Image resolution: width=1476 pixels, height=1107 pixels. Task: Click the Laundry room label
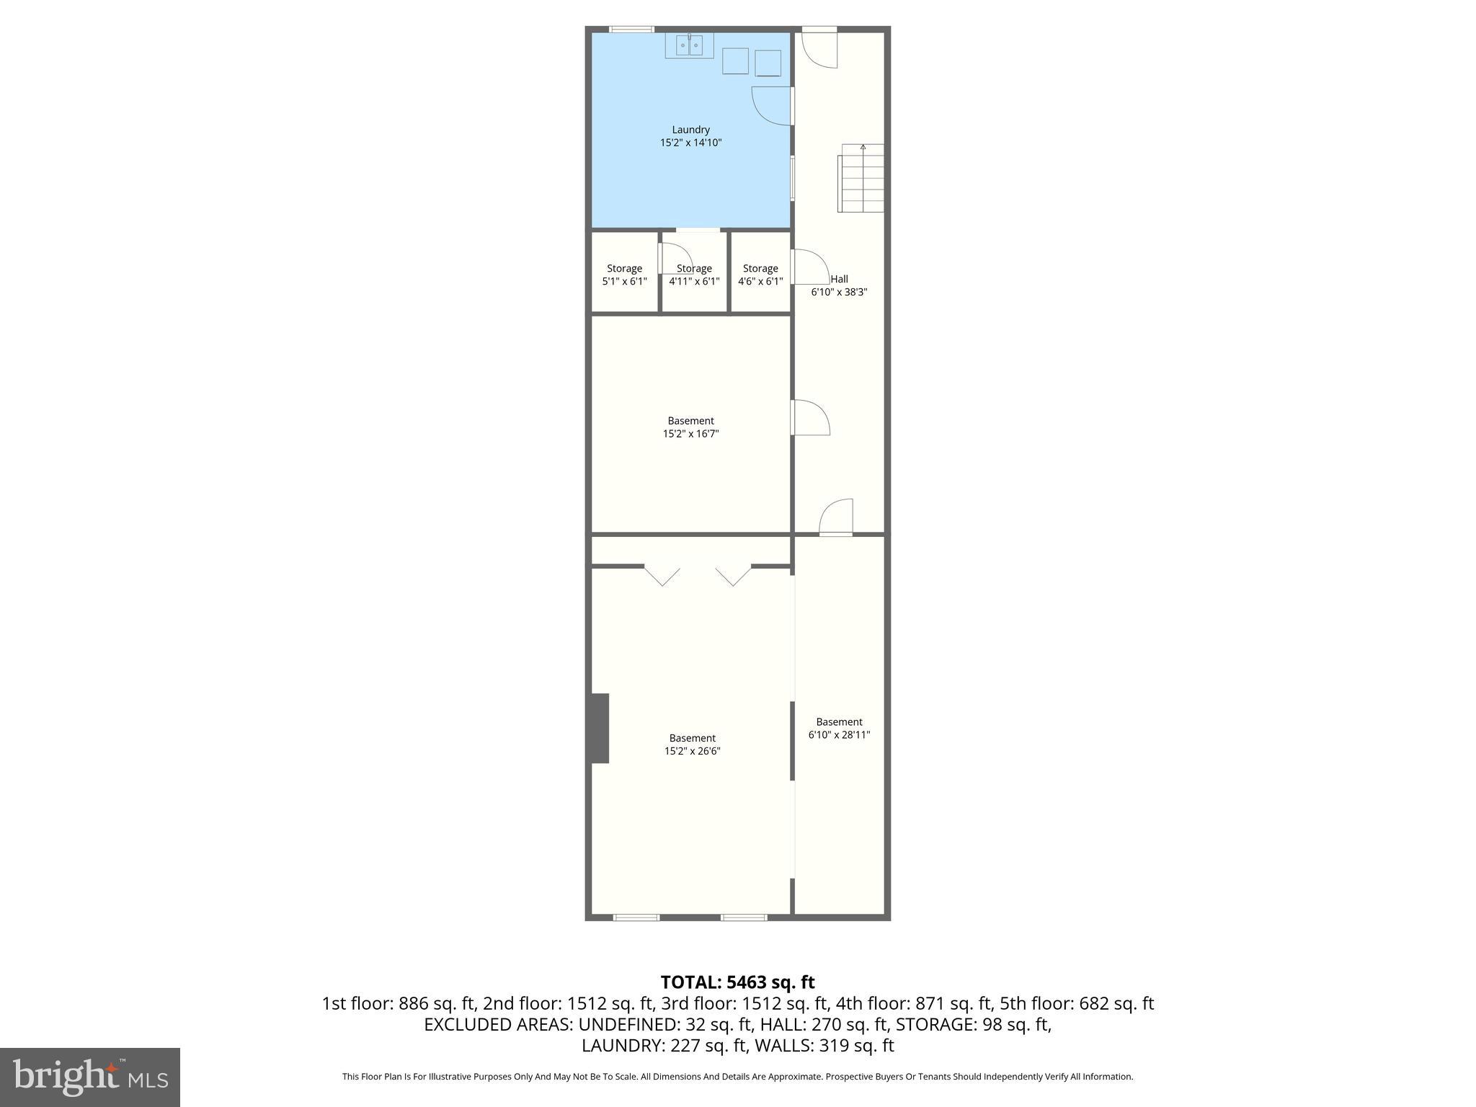click(690, 136)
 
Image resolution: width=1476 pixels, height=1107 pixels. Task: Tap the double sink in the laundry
click(689, 45)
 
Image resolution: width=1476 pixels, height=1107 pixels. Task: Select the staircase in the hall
click(861, 179)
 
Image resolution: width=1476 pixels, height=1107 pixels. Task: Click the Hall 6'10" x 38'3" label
click(839, 285)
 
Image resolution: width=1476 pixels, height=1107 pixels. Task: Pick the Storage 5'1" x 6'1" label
click(624, 275)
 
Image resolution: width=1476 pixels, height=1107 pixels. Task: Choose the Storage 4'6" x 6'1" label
click(760, 275)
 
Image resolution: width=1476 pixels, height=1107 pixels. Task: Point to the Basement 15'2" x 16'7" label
click(690, 427)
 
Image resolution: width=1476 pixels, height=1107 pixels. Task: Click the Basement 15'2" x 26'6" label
click(692, 744)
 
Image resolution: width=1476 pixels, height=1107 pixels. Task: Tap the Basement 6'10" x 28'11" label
click(839, 728)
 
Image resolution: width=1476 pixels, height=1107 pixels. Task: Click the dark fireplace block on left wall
click(600, 728)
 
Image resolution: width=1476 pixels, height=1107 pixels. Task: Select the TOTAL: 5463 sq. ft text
click(737, 982)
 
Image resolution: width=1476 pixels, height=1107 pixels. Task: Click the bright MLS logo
click(90, 1077)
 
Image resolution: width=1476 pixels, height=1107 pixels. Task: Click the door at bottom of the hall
click(836, 517)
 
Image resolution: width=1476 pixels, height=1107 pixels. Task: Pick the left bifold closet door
click(662, 576)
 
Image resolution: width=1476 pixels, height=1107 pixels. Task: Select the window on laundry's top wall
click(631, 30)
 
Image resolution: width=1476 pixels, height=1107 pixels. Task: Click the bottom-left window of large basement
click(636, 917)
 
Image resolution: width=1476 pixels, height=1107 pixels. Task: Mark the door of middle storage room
click(675, 257)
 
